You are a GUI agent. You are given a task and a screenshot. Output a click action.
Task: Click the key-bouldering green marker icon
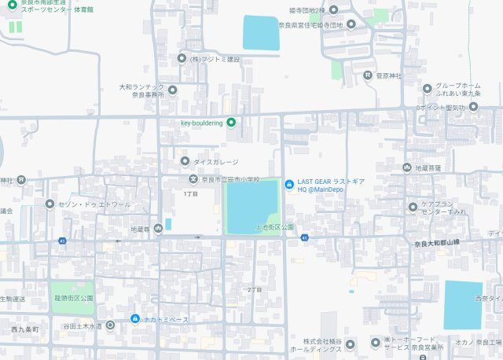coord(231,122)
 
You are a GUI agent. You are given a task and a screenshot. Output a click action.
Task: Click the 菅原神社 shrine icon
coord(367,75)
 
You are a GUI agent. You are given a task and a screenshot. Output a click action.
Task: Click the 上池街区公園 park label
coord(274,226)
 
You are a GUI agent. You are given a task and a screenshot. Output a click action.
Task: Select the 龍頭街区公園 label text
coord(74,299)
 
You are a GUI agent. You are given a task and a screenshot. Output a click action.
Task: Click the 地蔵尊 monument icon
coord(159,229)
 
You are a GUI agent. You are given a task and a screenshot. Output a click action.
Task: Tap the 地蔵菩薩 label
coord(428,167)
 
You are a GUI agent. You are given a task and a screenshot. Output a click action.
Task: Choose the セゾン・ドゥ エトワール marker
coord(50,204)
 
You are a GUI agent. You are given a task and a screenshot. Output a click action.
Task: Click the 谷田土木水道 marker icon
coord(109,325)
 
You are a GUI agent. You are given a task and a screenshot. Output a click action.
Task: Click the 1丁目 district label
coord(190,193)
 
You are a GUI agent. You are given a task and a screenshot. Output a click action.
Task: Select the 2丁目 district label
coord(254,289)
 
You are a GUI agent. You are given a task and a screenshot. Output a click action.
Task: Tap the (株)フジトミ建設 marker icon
coord(182,58)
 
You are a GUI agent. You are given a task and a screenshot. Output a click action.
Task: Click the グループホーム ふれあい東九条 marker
coord(428,88)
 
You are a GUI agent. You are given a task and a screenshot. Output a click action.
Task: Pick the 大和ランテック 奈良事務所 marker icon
coord(173,90)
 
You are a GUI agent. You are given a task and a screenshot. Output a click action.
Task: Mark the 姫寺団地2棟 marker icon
coord(334,9)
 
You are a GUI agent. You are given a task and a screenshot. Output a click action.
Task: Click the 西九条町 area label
coord(24,328)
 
